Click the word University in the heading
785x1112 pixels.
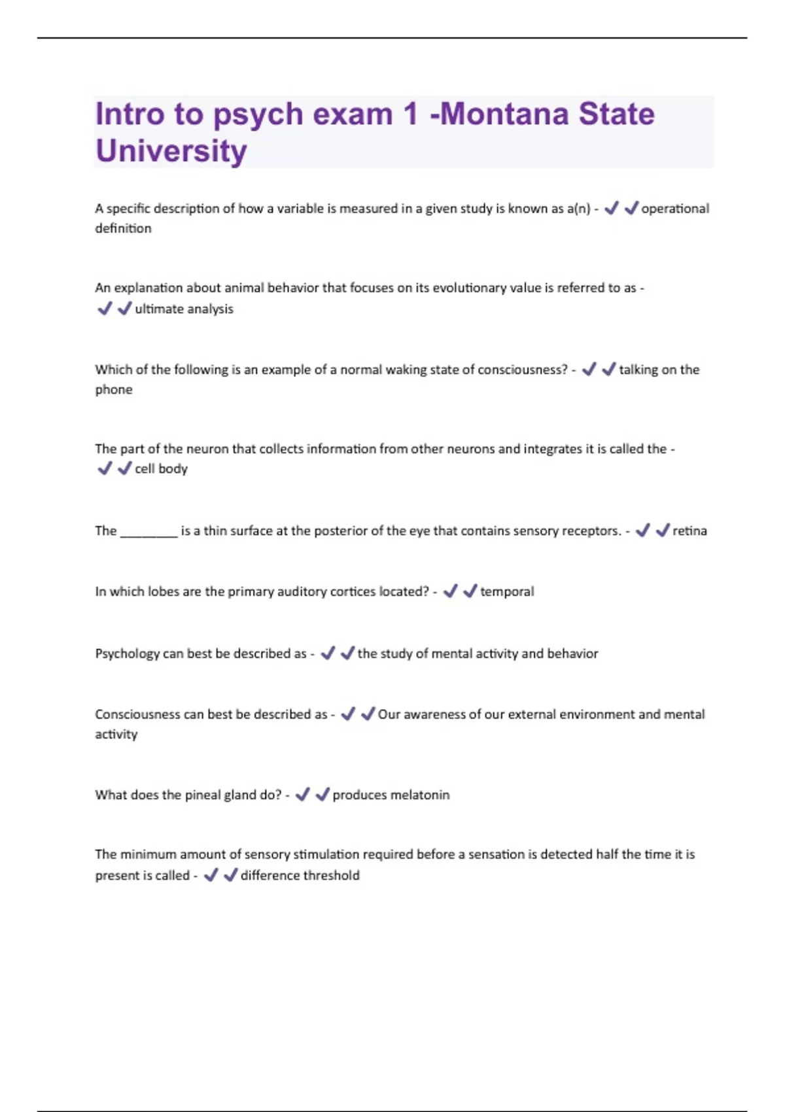[x=171, y=151]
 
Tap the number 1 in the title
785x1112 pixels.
[x=410, y=114]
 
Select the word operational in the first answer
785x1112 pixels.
[x=674, y=209]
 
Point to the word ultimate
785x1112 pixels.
[x=156, y=309]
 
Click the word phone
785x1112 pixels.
[x=114, y=390]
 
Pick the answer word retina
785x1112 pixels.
[x=689, y=530]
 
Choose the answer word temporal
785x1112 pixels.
[x=507, y=591]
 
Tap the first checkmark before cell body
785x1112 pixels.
[x=104, y=468]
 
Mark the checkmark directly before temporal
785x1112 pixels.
[x=470, y=591]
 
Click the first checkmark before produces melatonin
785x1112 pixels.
[x=302, y=795]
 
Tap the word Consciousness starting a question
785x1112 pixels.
[x=137, y=714]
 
